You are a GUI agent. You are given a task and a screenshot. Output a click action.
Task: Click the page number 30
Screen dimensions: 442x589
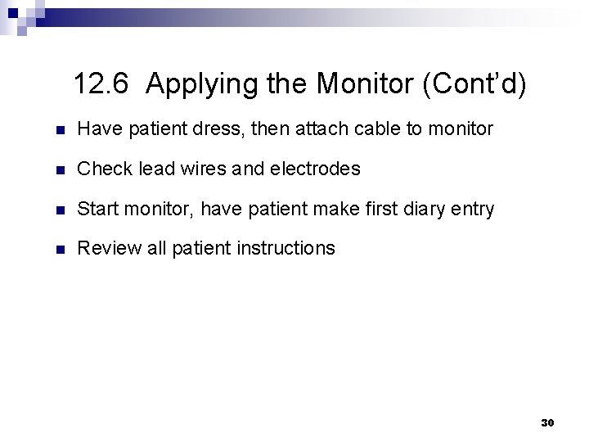tap(548, 422)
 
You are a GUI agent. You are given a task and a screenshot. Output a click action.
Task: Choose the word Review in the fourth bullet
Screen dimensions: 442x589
tap(105, 249)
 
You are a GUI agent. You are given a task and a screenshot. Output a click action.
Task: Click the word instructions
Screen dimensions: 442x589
tap(285, 249)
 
